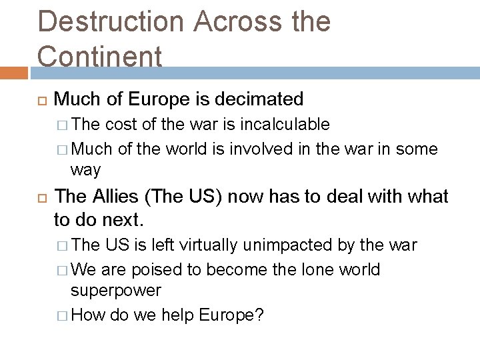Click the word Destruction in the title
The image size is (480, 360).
(111, 21)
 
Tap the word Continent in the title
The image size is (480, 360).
(100, 56)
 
